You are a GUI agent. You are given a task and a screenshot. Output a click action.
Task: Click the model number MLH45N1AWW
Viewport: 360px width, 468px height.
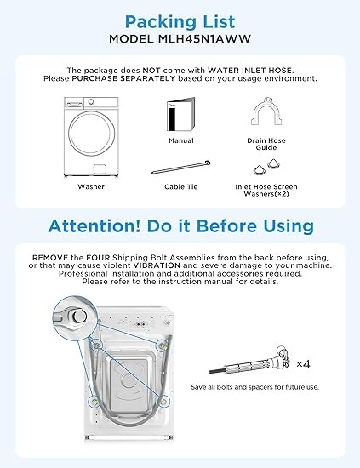click(204, 39)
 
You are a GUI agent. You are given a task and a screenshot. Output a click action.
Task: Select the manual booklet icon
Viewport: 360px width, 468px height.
click(180, 114)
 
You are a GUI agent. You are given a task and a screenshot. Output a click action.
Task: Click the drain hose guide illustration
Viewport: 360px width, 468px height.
click(266, 111)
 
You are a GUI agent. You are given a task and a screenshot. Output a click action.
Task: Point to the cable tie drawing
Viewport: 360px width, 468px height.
click(181, 168)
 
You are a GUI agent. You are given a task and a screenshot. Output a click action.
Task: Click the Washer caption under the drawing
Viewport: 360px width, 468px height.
click(91, 187)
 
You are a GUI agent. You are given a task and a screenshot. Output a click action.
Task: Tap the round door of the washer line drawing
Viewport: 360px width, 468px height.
click(91, 134)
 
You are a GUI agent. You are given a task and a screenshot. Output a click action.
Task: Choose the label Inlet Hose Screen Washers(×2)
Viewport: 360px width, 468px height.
click(266, 191)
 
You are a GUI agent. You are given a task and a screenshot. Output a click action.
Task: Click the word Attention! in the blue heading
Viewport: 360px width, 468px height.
click(94, 226)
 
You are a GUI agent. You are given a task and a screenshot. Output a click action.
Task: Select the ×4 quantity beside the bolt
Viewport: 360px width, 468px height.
click(303, 364)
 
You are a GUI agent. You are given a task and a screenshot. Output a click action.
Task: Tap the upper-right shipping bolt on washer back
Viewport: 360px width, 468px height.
click(163, 345)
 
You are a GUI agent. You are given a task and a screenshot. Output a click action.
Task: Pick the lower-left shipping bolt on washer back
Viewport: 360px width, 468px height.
click(95, 402)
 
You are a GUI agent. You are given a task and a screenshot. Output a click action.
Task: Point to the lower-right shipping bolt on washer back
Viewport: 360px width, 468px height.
click(163, 402)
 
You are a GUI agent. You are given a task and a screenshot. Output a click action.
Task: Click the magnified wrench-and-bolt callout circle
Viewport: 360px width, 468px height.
click(75, 317)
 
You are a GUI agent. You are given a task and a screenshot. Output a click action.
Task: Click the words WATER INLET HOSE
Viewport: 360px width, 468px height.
click(249, 71)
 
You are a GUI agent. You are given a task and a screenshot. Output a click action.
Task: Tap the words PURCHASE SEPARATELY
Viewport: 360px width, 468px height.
click(123, 78)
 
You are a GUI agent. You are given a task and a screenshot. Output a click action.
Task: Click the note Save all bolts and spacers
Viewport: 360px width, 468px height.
click(255, 387)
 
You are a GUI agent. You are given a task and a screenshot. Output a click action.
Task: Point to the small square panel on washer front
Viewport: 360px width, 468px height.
click(100, 169)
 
